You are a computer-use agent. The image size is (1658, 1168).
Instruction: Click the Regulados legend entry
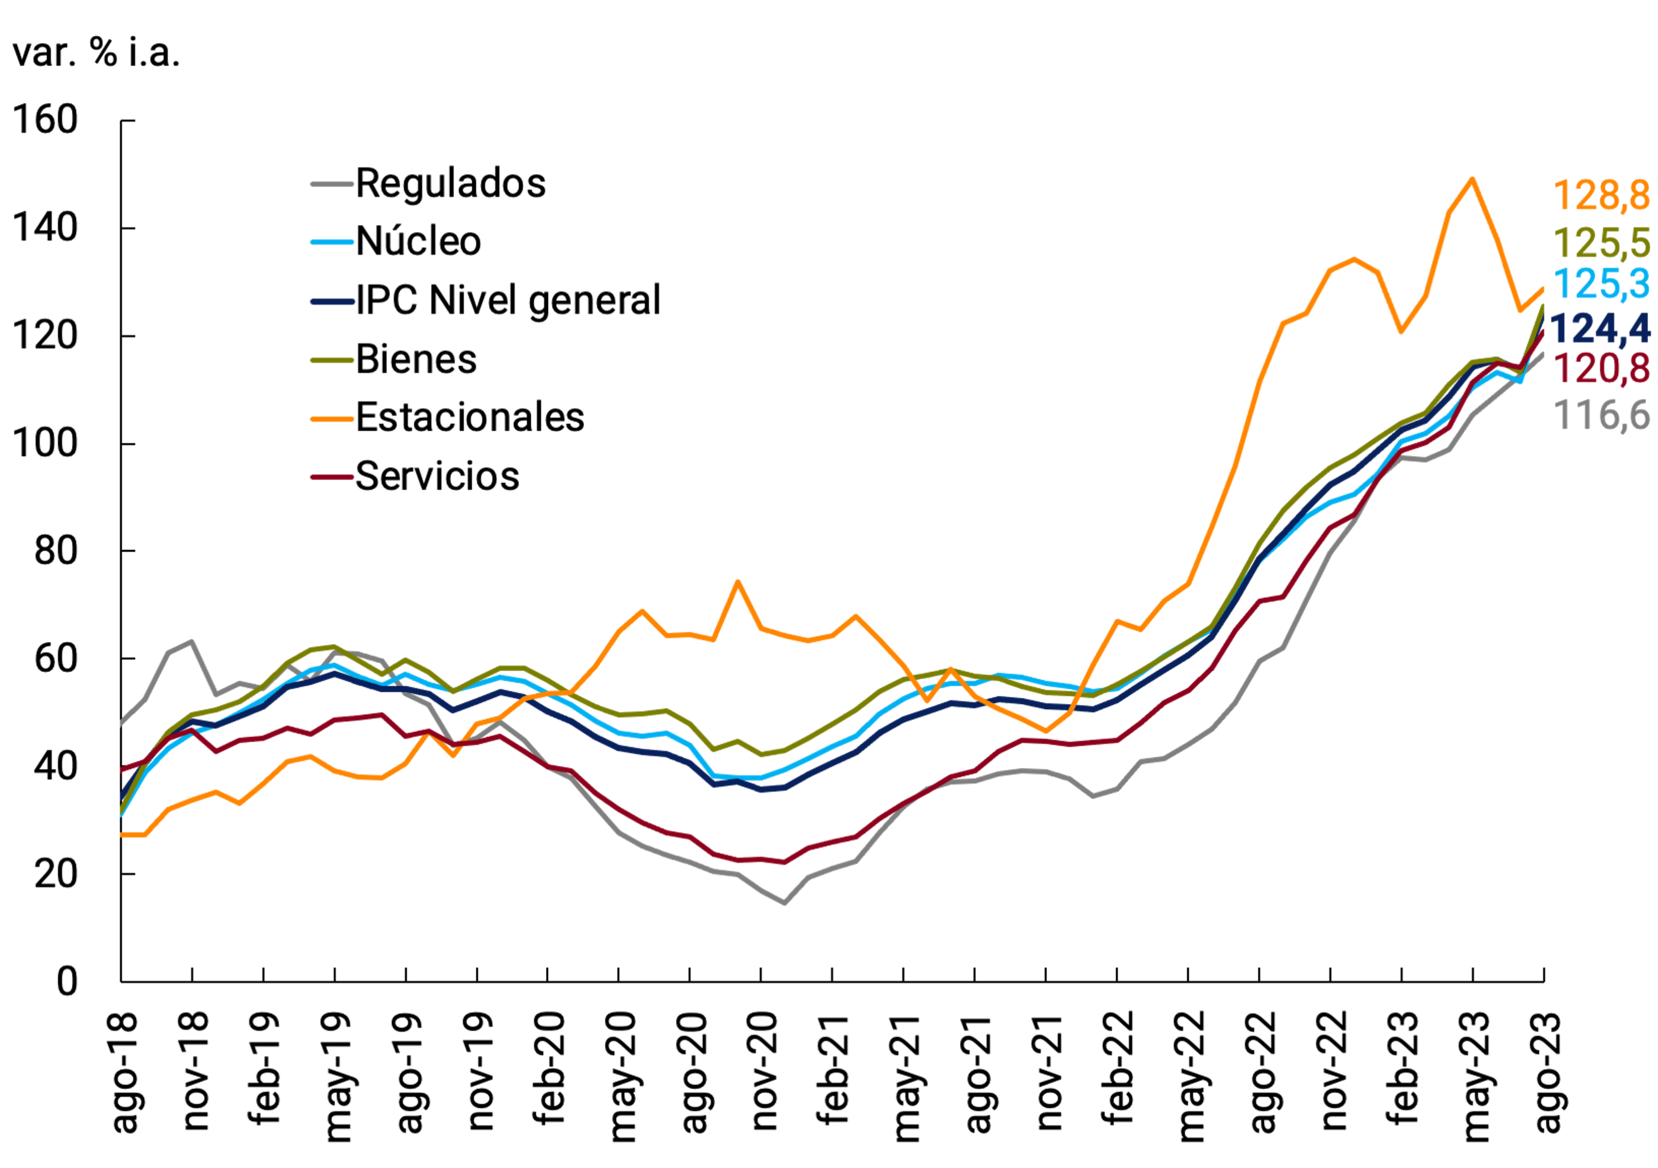pyautogui.click(x=450, y=183)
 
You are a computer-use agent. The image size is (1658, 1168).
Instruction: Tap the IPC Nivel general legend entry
pyautogui.click(x=508, y=300)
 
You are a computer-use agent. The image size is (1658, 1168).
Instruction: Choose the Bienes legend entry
pyautogui.click(x=416, y=359)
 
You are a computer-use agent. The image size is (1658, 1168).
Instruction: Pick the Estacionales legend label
pyautogui.click(x=470, y=417)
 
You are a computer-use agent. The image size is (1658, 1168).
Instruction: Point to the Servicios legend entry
pyautogui.click(x=437, y=477)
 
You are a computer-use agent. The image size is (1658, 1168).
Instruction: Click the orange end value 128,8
pyautogui.click(x=1600, y=196)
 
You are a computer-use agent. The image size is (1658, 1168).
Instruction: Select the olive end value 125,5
pyautogui.click(x=1600, y=243)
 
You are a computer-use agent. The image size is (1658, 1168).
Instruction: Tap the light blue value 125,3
pyautogui.click(x=1600, y=284)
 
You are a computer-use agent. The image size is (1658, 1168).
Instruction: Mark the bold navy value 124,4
pyautogui.click(x=1599, y=329)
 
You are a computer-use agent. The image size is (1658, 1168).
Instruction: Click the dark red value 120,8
pyautogui.click(x=1600, y=369)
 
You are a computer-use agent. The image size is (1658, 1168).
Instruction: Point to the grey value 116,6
pyautogui.click(x=1600, y=415)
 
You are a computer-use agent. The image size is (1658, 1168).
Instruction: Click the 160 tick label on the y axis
pyautogui.click(x=45, y=120)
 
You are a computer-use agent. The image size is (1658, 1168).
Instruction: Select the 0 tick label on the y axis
pyautogui.click(x=66, y=982)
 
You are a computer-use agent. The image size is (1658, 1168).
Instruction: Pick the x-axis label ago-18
pyautogui.click(x=124, y=1071)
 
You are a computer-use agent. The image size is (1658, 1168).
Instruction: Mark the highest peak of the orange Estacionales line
pyautogui.click(x=1472, y=179)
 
